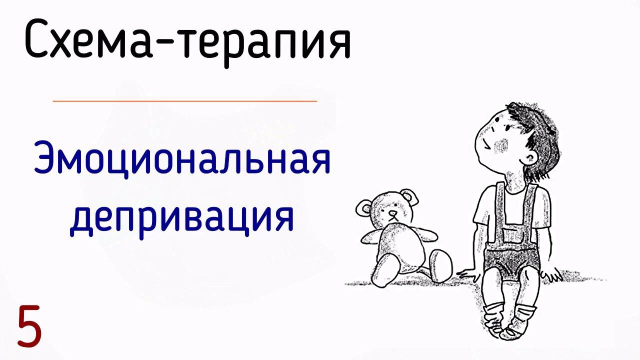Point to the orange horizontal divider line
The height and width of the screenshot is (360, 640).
(185, 101)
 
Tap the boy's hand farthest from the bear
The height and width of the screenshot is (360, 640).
(552, 273)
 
